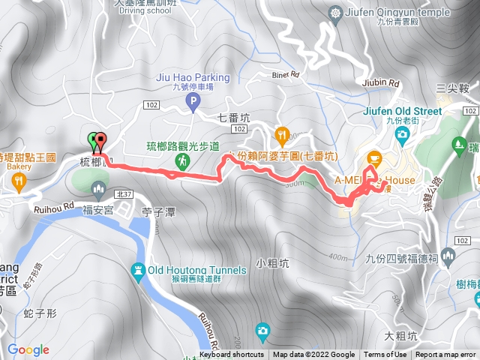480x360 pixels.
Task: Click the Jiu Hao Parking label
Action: tap(193, 77)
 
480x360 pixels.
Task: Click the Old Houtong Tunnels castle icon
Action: tap(138, 270)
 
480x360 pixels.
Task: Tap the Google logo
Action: tap(28, 350)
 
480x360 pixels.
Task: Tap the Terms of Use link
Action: tap(385, 355)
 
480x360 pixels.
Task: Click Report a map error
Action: tap(446, 355)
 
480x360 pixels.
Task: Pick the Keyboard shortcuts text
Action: tap(232, 355)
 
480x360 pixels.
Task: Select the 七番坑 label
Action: tap(232, 117)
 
